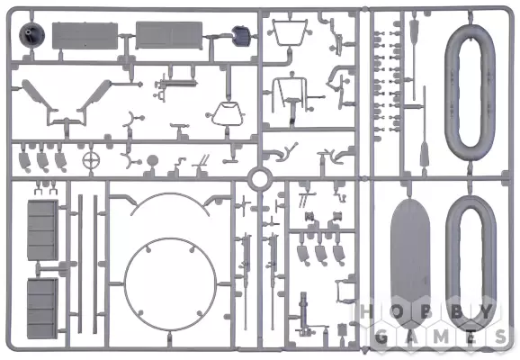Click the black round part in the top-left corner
[31, 34]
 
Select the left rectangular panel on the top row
[85, 36]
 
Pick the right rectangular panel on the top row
[169, 35]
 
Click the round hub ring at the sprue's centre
[260, 179]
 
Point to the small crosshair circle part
[91, 160]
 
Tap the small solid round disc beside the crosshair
[152, 161]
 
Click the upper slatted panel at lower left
[42, 229]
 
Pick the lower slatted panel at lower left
[42, 309]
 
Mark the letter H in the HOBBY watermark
[365, 311]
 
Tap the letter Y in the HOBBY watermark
[486, 311]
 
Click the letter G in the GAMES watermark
[381, 337]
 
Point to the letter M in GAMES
[441, 337]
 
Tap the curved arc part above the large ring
[170, 194]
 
